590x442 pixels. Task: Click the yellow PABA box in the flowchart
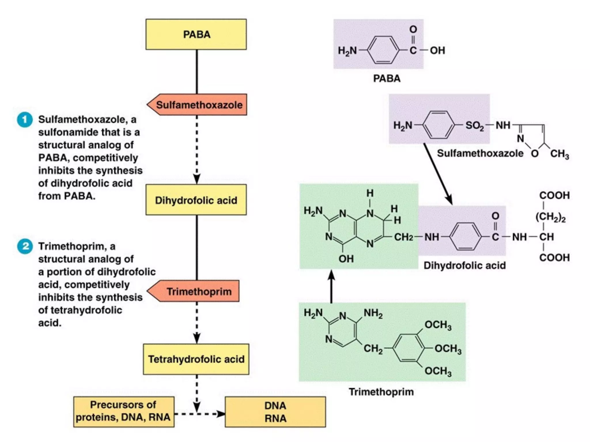tap(196, 35)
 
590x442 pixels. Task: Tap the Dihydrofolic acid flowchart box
tap(196, 200)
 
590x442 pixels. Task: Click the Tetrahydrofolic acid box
tap(196, 359)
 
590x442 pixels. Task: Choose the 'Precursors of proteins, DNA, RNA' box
tap(124, 411)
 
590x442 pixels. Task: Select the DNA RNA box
tap(275, 412)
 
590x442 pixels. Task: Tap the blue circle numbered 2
tap(25, 246)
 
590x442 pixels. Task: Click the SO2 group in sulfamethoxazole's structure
tap(474, 125)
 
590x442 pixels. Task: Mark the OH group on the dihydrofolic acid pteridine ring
tap(346, 259)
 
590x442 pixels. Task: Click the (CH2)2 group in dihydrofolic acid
tap(550, 217)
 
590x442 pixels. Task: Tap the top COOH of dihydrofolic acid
tap(554, 195)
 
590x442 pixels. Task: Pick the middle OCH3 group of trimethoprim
tap(448, 349)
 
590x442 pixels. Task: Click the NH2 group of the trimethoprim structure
tap(373, 313)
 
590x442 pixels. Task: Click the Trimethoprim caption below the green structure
tap(381, 392)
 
